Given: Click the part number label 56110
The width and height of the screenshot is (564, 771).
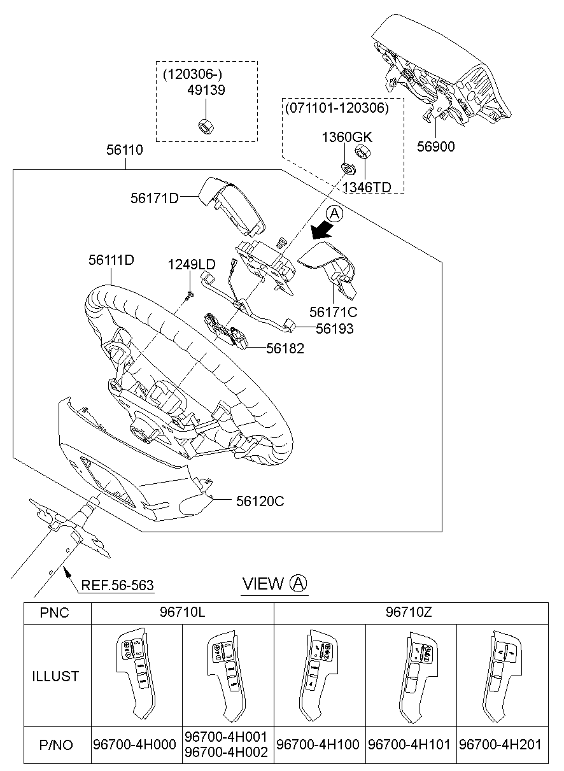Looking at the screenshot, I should (124, 150).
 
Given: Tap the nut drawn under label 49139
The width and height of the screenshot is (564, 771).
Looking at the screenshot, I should (206, 125).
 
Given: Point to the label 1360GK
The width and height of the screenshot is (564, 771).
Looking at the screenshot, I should (346, 137).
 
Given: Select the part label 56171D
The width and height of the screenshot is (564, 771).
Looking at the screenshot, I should (154, 198).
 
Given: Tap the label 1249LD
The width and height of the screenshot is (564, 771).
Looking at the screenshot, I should (191, 264).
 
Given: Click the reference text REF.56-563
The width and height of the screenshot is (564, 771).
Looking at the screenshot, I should (117, 584).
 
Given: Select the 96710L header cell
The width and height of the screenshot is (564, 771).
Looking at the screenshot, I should (182, 613).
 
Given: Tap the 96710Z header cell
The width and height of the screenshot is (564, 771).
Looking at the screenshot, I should (410, 613).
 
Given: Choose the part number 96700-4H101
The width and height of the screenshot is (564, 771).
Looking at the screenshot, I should (411, 745).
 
